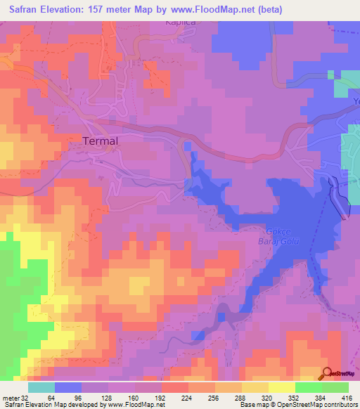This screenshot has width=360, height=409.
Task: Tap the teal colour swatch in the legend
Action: [41, 387]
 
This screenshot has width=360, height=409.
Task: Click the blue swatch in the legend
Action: [68, 387]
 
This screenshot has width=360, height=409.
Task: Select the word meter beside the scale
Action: [10, 397]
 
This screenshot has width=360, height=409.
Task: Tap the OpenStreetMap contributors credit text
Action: [309, 405]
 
